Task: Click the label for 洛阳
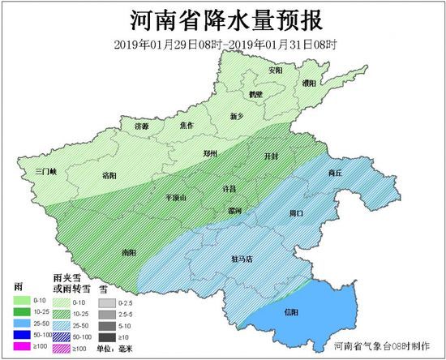(x=110, y=174)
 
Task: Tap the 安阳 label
(x=277, y=71)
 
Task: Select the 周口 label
(x=296, y=213)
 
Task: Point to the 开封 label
(x=272, y=155)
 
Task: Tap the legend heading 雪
(x=103, y=288)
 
